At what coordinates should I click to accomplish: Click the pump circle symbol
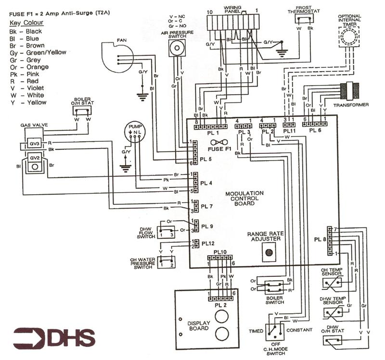[x=133, y=131]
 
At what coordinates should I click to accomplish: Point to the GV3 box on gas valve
[x=34, y=144]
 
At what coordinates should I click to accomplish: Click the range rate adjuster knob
[x=268, y=252]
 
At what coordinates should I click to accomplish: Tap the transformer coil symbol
[x=350, y=91]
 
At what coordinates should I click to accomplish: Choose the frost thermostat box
[x=302, y=21]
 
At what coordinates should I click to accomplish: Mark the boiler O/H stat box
[x=81, y=111]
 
